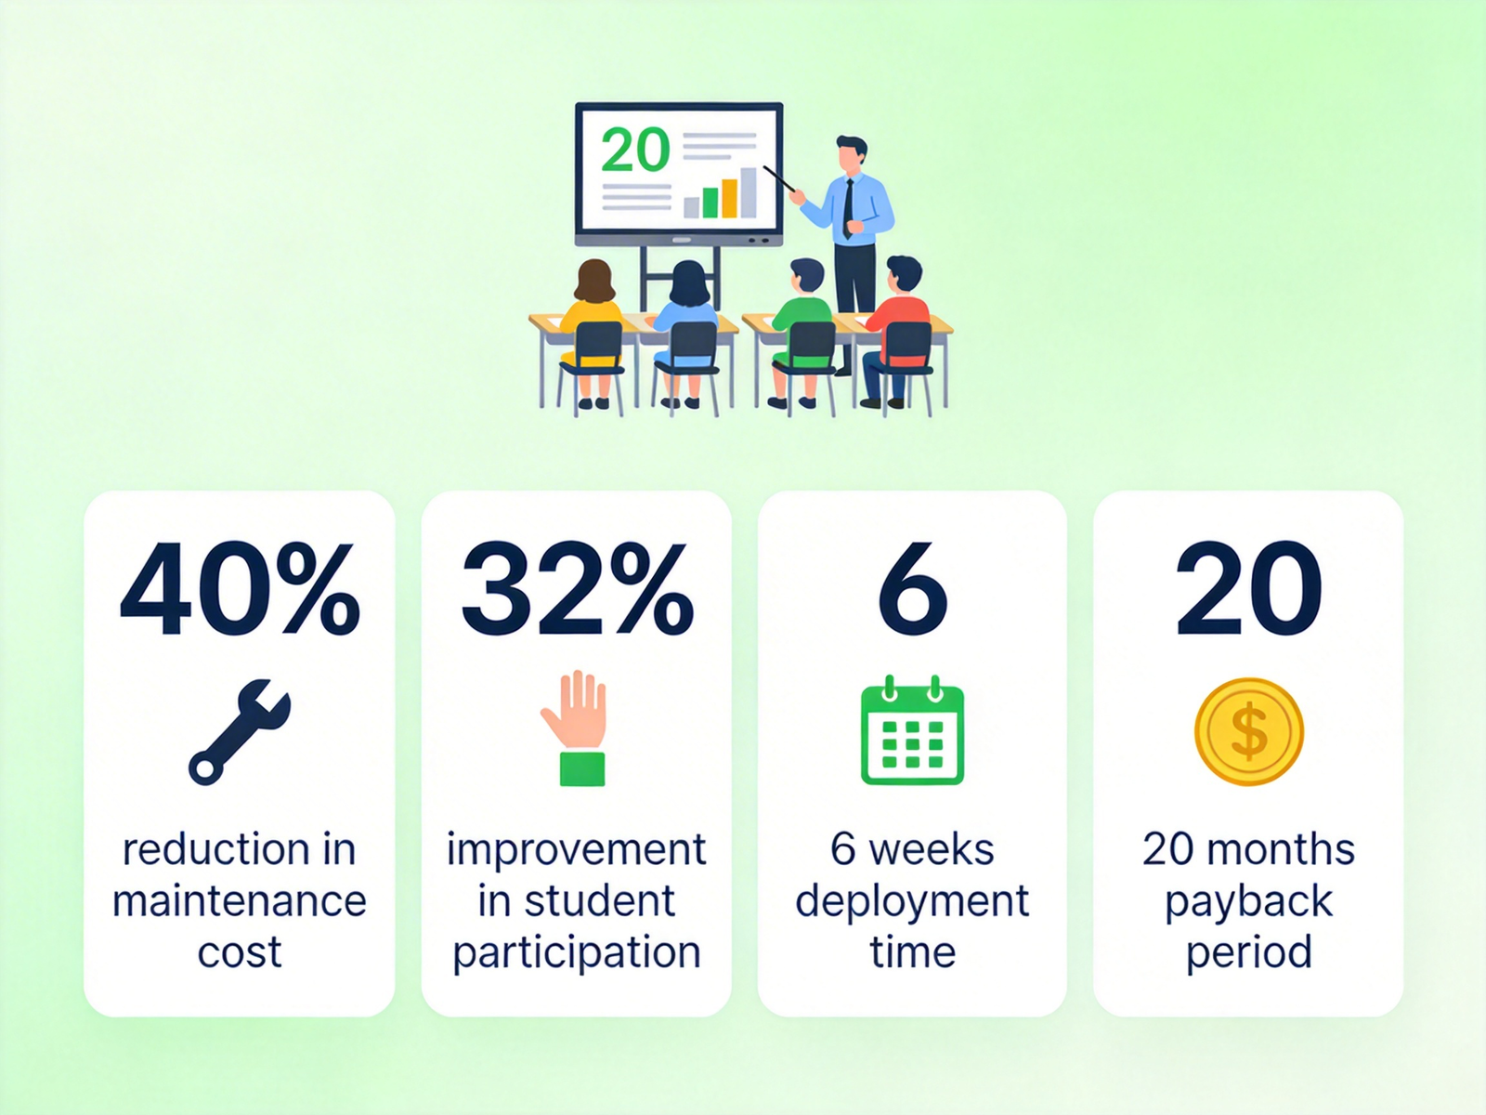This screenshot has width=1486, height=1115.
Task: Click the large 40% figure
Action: click(x=240, y=587)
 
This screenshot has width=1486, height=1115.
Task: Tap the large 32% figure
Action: click(x=577, y=587)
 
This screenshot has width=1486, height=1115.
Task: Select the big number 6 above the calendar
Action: click(x=913, y=587)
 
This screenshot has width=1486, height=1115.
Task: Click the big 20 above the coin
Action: click(x=1249, y=587)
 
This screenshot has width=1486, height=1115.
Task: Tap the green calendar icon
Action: click(x=913, y=730)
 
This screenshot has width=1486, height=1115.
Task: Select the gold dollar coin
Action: click(x=1249, y=732)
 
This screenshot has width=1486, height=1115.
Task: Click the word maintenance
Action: click(x=240, y=901)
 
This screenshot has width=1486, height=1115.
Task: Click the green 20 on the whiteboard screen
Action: click(x=635, y=150)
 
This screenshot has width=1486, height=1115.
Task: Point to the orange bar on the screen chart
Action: click(x=729, y=198)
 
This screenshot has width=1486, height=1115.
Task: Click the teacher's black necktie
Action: click(x=848, y=209)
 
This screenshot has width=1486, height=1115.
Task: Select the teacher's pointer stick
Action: click(x=779, y=178)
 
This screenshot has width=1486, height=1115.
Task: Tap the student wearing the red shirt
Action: click(x=897, y=332)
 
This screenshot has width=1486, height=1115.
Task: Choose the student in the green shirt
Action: click(x=803, y=332)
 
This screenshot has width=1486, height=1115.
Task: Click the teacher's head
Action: click(x=852, y=153)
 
